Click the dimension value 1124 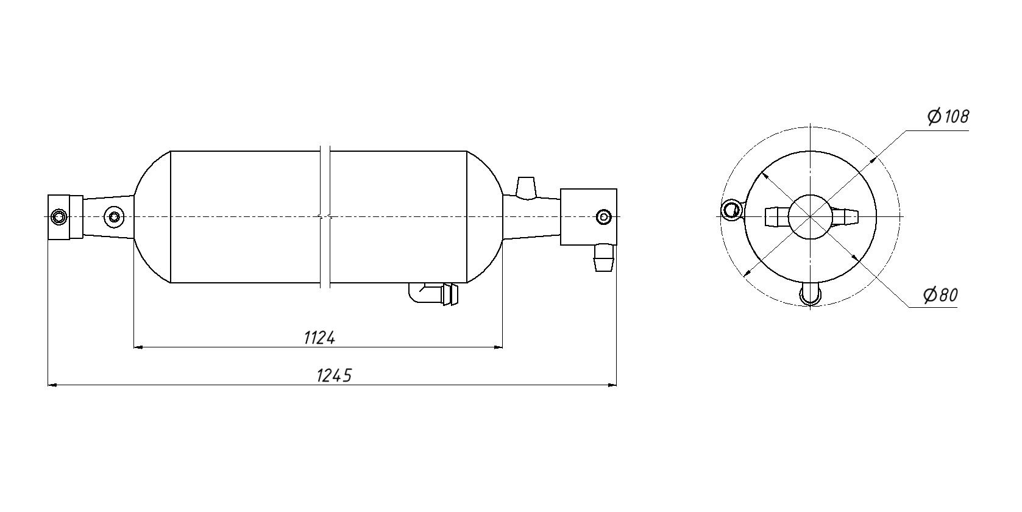pos(319,337)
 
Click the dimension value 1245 pos(334,375)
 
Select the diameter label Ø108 pos(948,116)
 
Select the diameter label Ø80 pos(940,296)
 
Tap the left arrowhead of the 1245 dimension pos(52,385)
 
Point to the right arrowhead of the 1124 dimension pos(498,347)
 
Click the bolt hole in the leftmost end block pos(59,216)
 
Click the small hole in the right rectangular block pos(603,216)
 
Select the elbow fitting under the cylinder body pos(433,294)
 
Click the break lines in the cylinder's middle pos(325,216)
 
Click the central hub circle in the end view pos(810,217)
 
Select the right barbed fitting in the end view pos(845,216)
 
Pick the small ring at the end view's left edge pos(730,210)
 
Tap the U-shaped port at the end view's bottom pos(810,294)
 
